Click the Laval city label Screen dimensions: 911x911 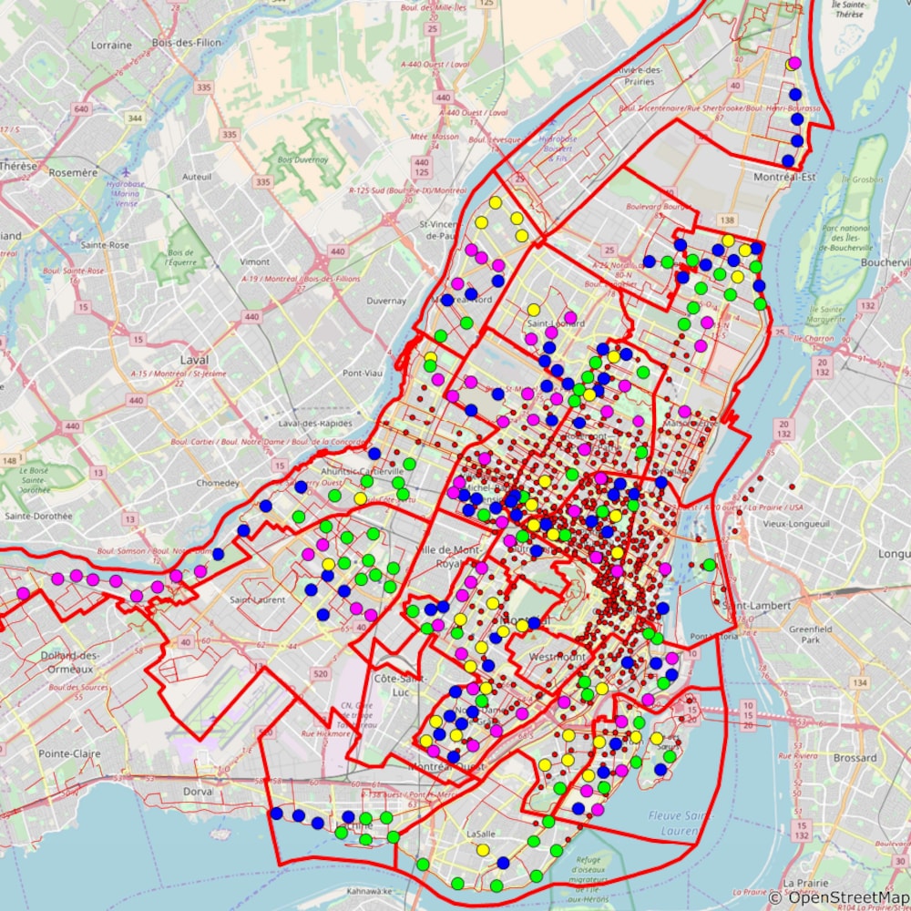point(194,360)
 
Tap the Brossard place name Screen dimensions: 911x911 point(855,758)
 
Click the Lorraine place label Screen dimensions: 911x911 point(112,44)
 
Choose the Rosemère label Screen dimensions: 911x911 point(73,172)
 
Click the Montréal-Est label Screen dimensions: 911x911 point(784,178)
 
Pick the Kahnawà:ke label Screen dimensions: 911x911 point(361,890)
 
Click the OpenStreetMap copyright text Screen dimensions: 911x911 point(837,898)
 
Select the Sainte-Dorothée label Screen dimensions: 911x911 point(38,516)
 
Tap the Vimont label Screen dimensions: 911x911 point(254,261)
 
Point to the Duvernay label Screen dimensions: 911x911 point(385,300)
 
